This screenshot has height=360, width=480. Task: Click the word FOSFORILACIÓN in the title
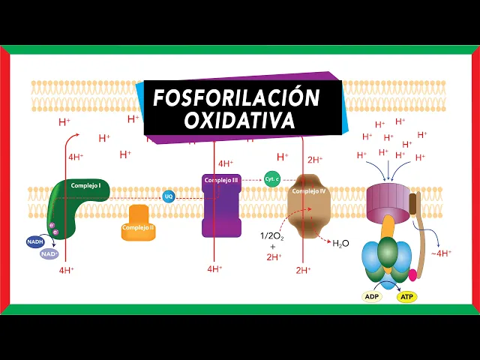237,97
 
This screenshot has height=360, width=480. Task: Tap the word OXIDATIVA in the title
239,121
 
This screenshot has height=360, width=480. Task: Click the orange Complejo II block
138,224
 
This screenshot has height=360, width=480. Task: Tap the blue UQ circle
169,196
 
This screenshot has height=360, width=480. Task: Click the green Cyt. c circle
271,178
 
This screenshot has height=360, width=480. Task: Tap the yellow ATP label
407,296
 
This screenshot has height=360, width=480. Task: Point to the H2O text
340,243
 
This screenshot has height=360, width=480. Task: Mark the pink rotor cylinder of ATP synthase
388,199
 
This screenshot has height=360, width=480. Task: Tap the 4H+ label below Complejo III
214,268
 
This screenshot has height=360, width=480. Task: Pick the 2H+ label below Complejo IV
303,270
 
